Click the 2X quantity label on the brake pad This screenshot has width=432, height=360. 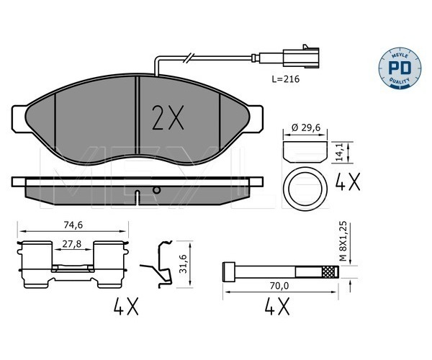coord(168,117)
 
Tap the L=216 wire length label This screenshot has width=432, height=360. coord(285,79)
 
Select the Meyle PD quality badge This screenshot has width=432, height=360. coord(400,68)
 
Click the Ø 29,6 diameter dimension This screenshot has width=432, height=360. coord(306,128)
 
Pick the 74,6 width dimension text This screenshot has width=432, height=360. coord(73,225)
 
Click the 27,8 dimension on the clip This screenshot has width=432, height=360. coord(72,244)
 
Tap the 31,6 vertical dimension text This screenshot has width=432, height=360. coord(183,264)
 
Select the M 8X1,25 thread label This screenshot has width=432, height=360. coord(342,241)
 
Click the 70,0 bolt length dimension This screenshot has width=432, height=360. coord(279,286)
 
